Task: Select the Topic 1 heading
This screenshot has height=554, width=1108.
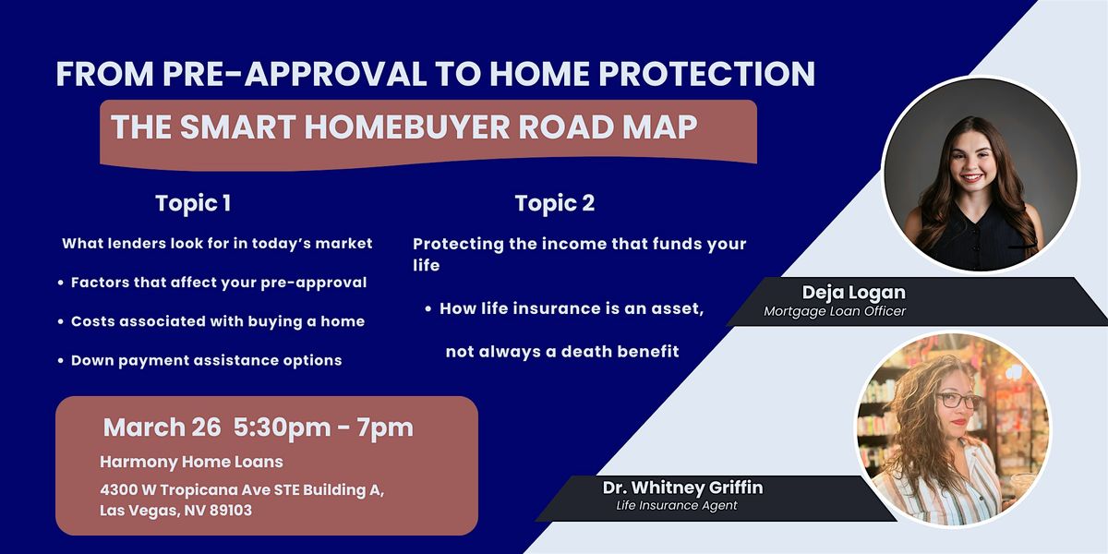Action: coord(193,203)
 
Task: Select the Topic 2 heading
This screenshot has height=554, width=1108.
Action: coord(555,203)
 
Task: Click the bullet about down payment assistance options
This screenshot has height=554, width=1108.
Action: coord(200,361)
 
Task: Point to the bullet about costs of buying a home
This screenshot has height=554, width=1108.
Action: coord(211,321)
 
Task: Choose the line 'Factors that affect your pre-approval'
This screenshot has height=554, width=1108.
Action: coord(212,283)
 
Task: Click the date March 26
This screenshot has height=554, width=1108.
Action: coord(162,428)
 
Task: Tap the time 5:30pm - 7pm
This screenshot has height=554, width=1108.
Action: coord(323,428)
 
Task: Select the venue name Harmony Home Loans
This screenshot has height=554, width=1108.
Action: coord(191,462)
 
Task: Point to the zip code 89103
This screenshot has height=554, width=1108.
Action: coord(231,511)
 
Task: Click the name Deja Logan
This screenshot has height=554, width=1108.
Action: coord(854,293)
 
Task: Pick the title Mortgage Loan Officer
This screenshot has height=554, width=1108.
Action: coord(835,311)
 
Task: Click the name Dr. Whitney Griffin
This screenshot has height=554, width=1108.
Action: coord(682,488)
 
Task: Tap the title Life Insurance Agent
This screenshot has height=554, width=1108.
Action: coord(677,506)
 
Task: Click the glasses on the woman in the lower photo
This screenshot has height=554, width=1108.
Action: coord(958,401)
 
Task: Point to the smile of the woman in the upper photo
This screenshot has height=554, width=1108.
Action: coord(971,177)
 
